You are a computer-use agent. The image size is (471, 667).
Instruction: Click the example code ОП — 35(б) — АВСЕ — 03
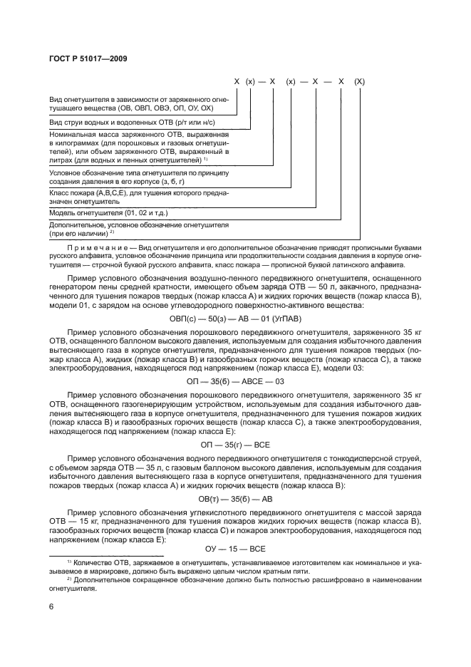(x=236, y=381)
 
